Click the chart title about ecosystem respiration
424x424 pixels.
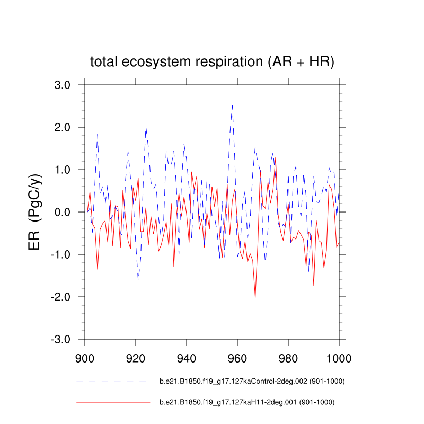(212, 62)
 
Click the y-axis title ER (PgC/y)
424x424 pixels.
(37, 212)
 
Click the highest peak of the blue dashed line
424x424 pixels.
(232, 105)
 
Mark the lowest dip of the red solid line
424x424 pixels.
(255, 297)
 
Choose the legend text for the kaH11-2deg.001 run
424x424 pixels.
(246, 402)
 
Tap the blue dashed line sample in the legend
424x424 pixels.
(111, 382)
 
